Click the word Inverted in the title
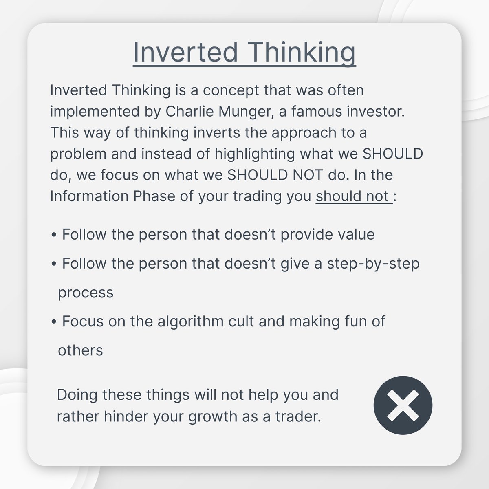point(185,52)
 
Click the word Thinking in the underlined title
point(301,54)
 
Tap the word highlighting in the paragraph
point(255,154)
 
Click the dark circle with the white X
point(403,405)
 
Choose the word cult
point(241,322)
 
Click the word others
point(80,350)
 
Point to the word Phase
point(154,196)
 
